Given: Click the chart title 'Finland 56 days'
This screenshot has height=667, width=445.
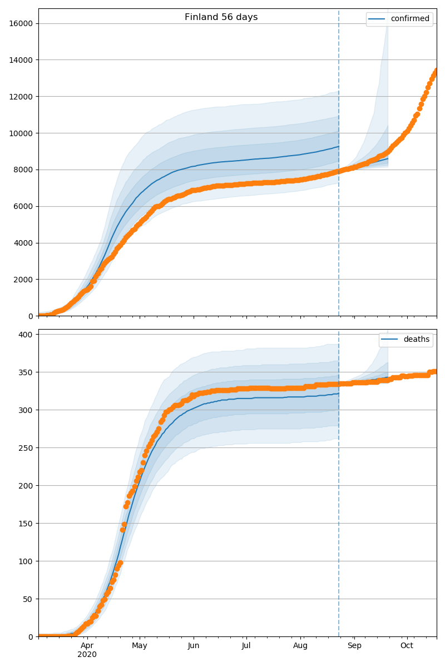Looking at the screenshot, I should pyautogui.click(x=221, y=17).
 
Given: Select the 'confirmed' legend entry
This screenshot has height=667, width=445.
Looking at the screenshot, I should pyautogui.click(x=410, y=19).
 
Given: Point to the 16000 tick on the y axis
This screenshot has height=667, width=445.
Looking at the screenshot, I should pyautogui.click(x=20, y=23).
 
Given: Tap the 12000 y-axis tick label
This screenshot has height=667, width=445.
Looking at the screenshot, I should pyautogui.click(x=20, y=97).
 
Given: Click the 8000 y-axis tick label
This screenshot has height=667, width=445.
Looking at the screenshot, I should pyautogui.click(x=22, y=170).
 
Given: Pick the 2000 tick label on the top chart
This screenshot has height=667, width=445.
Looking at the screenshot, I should pyautogui.click(x=22, y=280).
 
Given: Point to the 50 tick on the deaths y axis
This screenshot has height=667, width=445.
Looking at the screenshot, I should pyautogui.click(x=29, y=599).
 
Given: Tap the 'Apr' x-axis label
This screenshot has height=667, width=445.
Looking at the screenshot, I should pyautogui.click(x=87, y=645).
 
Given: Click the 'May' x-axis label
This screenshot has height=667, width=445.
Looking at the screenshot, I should pyautogui.click(x=140, y=645).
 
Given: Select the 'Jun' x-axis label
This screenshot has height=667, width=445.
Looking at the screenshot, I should pyautogui.click(x=194, y=645).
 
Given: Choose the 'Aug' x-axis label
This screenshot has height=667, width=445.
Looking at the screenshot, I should pyautogui.click(x=300, y=645).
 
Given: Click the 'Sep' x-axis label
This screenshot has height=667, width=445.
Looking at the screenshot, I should pyautogui.click(x=354, y=645).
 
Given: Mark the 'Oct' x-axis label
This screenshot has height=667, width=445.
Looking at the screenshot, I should pyautogui.click(x=407, y=645).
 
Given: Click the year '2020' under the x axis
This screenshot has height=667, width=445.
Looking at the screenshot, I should pyautogui.click(x=87, y=655).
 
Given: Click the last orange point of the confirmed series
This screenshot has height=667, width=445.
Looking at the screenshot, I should pyautogui.click(x=436, y=71).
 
